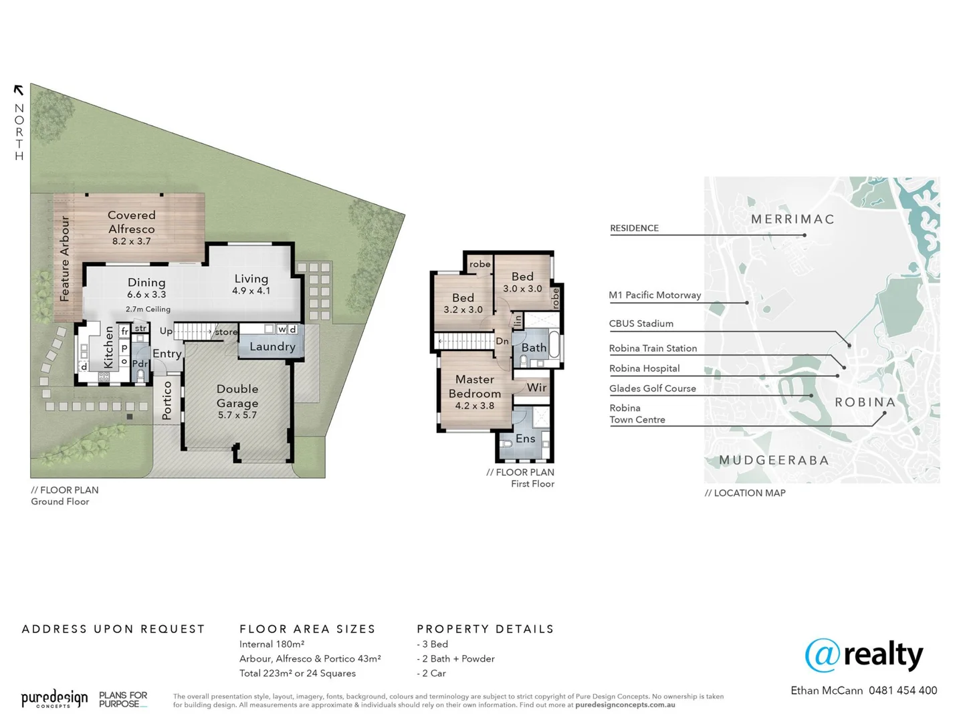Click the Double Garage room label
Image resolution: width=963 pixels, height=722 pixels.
tap(237, 396)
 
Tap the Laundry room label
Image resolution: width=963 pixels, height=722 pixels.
tap(272, 346)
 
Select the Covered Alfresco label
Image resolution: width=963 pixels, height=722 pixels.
tap(131, 222)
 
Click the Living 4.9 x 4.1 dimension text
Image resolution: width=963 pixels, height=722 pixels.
tap(251, 291)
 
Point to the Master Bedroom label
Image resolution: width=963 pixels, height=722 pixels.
tap(475, 386)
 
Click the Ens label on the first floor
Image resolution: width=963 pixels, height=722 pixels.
tap(525, 439)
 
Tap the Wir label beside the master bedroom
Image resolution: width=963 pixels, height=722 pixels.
tap(536, 388)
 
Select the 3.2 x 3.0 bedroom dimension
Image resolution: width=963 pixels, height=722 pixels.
tap(463, 310)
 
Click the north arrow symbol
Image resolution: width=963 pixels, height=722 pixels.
tap(19, 90)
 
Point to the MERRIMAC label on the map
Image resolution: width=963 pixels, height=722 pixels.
tap(792, 219)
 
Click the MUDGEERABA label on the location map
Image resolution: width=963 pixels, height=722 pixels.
tap(774, 461)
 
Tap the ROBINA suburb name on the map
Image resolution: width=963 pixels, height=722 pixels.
tap(865, 402)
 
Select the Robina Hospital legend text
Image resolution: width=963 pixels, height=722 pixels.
tap(644, 368)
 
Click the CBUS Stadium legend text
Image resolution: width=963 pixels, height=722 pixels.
tap(641, 324)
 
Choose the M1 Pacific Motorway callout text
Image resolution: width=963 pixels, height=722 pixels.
tap(655, 295)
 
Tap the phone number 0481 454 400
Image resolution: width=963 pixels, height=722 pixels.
tap(903, 691)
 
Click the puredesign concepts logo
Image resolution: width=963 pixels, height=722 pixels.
tap(54, 699)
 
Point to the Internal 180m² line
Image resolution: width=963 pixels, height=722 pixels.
tap(272, 644)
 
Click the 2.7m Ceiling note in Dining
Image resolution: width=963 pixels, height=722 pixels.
tap(148, 310)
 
